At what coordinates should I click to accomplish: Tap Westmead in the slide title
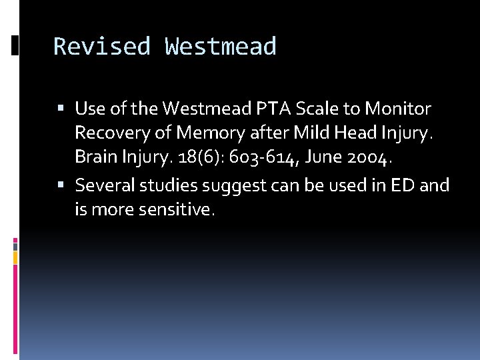click(220, 47)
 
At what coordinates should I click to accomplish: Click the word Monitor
click(399, 108)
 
